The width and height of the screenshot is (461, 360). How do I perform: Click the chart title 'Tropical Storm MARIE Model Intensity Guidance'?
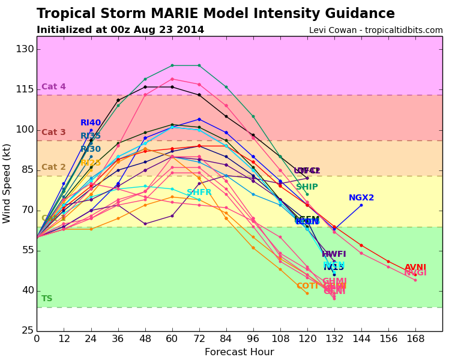[215, 14]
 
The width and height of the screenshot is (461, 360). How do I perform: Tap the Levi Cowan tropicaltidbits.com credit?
[376, 31]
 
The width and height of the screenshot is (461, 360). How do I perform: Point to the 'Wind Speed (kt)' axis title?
[7, 183]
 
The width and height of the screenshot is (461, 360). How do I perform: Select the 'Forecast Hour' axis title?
[239, 352]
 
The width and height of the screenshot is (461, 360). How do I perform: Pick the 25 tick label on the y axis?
[25, 331]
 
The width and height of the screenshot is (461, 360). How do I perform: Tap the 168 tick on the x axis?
[415, 339]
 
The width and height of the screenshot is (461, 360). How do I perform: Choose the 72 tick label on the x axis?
[199, 339]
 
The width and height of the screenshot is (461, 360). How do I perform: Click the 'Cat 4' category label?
[53, 87]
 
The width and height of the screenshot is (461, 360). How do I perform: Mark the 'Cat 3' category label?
[53, 133]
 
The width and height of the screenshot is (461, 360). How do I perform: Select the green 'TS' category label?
[47, 299]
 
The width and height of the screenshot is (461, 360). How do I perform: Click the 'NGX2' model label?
[361, 198]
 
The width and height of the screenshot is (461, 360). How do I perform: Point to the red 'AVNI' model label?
[415, 268]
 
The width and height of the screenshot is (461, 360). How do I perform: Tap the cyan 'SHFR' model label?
[199, 193]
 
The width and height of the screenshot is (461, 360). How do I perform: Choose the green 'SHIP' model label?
[307, 187]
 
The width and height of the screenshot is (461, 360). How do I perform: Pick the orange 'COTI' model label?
[307, 286]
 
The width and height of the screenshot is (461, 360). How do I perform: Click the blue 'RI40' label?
[91, 123]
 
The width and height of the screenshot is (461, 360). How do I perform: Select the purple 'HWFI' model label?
[334, 254]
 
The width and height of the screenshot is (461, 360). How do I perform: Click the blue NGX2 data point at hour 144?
[361, 205]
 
